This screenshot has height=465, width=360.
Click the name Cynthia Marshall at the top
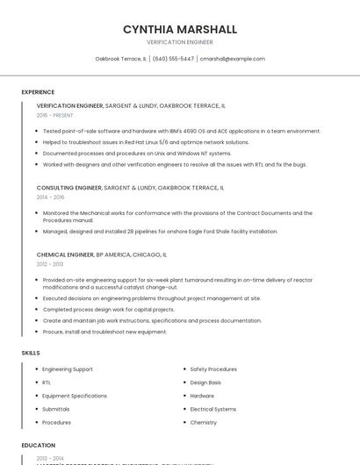click(180, 29)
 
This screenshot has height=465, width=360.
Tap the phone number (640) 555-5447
click(173, 59)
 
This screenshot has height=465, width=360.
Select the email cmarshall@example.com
click(232, 59)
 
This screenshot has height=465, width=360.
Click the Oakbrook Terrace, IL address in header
click(120, 59)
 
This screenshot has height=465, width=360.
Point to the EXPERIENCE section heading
click(38, 92)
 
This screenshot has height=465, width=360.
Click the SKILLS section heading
click(31, 353)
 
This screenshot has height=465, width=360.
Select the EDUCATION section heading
click(39, 446)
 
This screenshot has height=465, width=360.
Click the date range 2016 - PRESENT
click(55, 115)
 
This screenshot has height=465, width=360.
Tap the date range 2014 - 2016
click(50, 197)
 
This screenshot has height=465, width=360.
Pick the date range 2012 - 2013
click(50, 263)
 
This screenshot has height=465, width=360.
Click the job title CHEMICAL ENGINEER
click(65, 254)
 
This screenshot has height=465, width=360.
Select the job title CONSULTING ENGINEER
click(68, 188)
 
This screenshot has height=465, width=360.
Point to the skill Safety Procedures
click(213, 369)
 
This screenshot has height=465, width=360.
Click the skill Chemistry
click(204, 422)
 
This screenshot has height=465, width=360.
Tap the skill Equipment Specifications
click(75, 396)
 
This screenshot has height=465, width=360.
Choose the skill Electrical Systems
click(213, 409)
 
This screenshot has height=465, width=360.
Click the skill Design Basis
click(205, 383)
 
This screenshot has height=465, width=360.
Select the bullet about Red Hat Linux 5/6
click(146, 142)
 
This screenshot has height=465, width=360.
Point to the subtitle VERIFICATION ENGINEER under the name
click(180, 41)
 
